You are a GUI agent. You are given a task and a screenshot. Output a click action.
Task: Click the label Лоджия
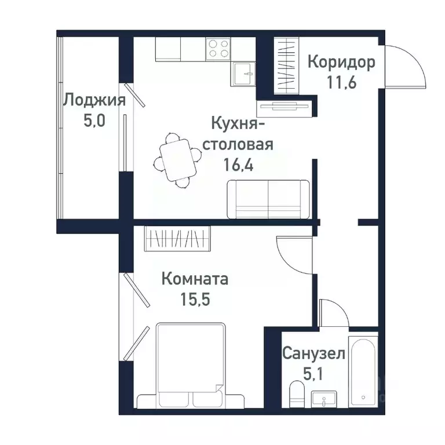[94, 100]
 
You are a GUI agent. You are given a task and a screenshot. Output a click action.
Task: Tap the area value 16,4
[239, 163]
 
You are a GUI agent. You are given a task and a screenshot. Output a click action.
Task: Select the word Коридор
[341, 61]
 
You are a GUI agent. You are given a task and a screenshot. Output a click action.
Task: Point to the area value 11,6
[341, 81]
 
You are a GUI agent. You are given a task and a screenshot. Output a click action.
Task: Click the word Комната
[195, 279]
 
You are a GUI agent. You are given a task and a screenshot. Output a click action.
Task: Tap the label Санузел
[313, 353]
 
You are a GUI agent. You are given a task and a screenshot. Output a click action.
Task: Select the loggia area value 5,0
[94, 121]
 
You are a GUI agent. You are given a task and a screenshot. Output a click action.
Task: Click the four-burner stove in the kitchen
[218, 48]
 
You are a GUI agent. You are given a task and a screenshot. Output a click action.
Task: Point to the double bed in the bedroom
[189, 366]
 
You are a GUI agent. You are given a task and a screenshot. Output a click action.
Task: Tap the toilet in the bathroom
[296, 393]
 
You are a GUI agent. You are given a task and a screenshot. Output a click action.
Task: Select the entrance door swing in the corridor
[406, 67]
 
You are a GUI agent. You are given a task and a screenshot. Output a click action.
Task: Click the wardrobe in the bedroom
[177, 238]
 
